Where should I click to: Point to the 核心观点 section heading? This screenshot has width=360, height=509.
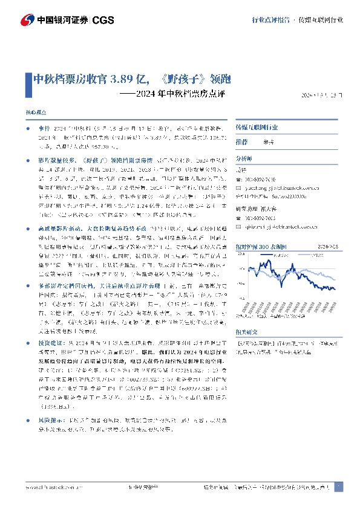tap(35, 113)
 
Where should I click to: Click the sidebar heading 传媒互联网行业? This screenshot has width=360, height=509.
tap(257, 128)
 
